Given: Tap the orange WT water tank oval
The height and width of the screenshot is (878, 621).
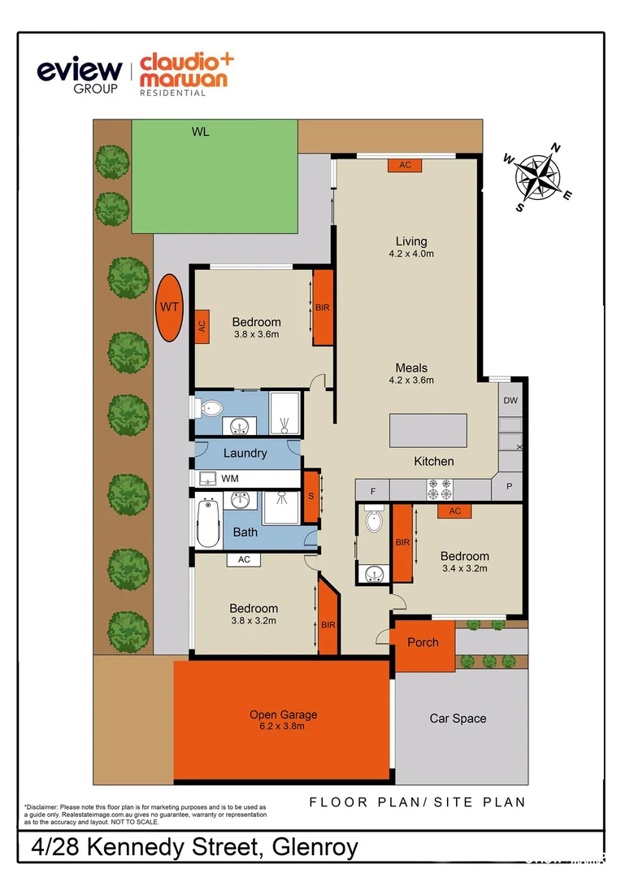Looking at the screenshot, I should click(x=170, y=307).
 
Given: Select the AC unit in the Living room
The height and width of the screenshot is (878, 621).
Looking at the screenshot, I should click(x=405, y=165).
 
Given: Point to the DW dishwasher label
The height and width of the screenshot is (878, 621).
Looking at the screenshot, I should click(x=510, y=401).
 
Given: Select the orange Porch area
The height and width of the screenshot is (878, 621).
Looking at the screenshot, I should click(x=423, y=643).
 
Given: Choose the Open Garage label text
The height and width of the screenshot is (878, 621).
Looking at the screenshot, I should click(x=283, y=715).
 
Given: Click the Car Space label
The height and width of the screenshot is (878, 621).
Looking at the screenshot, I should click(x=458, y=718).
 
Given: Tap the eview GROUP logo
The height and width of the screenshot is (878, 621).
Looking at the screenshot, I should click(x=80, y=74).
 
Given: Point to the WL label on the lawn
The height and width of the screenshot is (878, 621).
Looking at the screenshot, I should click(x=201, y=132).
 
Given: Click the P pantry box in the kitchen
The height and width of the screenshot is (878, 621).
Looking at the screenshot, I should click(x=510, y=488).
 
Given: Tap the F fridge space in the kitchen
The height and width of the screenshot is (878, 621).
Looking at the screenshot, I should click(x=372, y=490).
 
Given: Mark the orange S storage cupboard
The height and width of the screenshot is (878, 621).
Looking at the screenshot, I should click(x=310, y=497).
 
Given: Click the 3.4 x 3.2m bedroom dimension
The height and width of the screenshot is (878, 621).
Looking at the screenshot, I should click(x=464, y=568).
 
